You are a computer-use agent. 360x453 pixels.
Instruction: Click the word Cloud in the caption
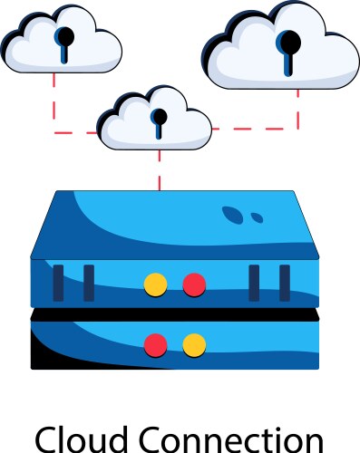85,439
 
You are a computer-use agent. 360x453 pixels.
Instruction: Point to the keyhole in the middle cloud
160,120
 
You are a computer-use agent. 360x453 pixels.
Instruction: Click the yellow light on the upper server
156,284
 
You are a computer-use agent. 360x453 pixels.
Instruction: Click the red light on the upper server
194,284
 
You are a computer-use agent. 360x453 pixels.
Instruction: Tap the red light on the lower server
156,344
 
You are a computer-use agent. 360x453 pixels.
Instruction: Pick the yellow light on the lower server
194,344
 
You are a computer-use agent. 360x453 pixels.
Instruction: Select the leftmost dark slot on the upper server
58,282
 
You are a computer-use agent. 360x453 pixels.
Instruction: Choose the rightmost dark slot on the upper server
285,282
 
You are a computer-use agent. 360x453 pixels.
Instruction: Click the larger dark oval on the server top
233,215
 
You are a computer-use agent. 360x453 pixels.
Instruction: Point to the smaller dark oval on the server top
257,217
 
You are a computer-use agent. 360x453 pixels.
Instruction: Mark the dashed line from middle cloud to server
160,169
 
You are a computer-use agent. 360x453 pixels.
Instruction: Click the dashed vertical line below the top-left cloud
54,100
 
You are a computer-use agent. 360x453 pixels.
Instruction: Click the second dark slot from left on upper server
89,282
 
